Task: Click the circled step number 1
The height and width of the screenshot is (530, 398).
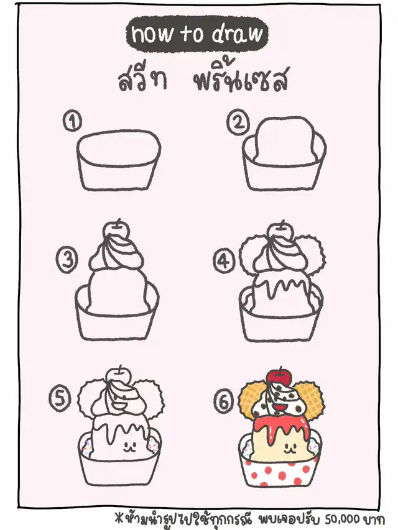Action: point(72,121)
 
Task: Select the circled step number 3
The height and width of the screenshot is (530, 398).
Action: point(67,260)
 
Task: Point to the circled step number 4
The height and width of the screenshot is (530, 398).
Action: point(224,262)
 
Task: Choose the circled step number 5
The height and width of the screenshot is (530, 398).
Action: point(60,399)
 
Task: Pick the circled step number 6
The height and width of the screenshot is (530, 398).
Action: point(224,401)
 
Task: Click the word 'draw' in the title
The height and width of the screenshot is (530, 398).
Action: point(237,34)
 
